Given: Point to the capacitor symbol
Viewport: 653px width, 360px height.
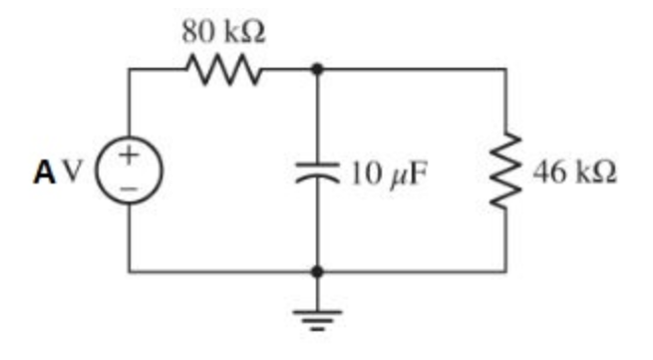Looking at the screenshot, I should tap(317, 171).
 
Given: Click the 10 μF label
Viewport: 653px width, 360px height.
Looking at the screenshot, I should tap(389, 172).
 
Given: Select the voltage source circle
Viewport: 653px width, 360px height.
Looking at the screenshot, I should tap(130, 171).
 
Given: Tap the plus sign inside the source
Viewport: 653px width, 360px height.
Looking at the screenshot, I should tap(130, 156).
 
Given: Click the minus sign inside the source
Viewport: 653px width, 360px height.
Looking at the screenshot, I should tap(130, 186).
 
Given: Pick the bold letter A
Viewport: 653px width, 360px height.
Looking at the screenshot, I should tap(44, 172).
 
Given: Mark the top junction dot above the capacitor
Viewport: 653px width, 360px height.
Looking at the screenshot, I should tap(317, 70).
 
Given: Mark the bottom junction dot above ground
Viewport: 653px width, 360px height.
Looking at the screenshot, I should tap(317, 270).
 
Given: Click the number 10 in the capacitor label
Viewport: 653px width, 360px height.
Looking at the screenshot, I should tap(363, 172).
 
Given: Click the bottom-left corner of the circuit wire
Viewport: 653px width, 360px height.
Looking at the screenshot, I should tap(130, 270).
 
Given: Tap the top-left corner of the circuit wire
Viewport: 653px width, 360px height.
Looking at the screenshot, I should tap(130, 70).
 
